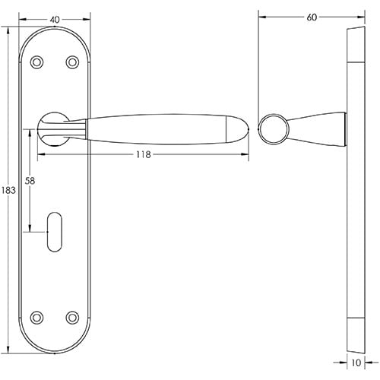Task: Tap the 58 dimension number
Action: pyautogui.click(x=30, y=182)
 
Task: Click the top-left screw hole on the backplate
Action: pyautogui.click(x=37, y=62)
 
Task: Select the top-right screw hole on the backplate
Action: pyautogui.click(x=73, y=62)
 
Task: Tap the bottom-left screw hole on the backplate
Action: pyautogui.click(x=37, y=315)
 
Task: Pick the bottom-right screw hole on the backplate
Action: pyautogui.click(x=73, y=315)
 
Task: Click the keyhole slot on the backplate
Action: pyautogui.click(x=55, y=230)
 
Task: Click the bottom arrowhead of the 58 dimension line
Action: pyautogui.click(x=30, y=229)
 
